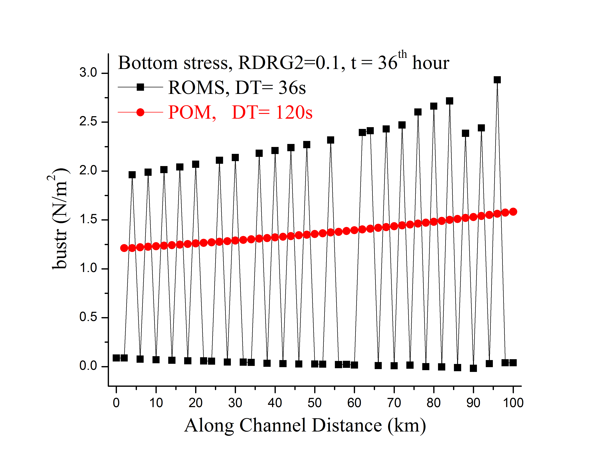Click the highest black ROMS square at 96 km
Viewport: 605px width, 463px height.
497,80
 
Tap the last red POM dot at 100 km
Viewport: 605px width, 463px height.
513,212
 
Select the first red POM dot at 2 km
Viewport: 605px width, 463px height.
124,248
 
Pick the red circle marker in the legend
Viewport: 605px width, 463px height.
140,112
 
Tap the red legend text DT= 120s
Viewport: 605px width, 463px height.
272,112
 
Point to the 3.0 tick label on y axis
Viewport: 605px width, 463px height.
88,73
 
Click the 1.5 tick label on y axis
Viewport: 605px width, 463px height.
88,220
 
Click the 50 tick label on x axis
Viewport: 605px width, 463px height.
315,403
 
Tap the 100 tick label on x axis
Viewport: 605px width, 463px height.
513,403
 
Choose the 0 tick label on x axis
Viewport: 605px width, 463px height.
116,403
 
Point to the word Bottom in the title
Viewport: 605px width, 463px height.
148,63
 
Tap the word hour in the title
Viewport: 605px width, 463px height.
431,63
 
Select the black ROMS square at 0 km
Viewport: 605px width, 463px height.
116,358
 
